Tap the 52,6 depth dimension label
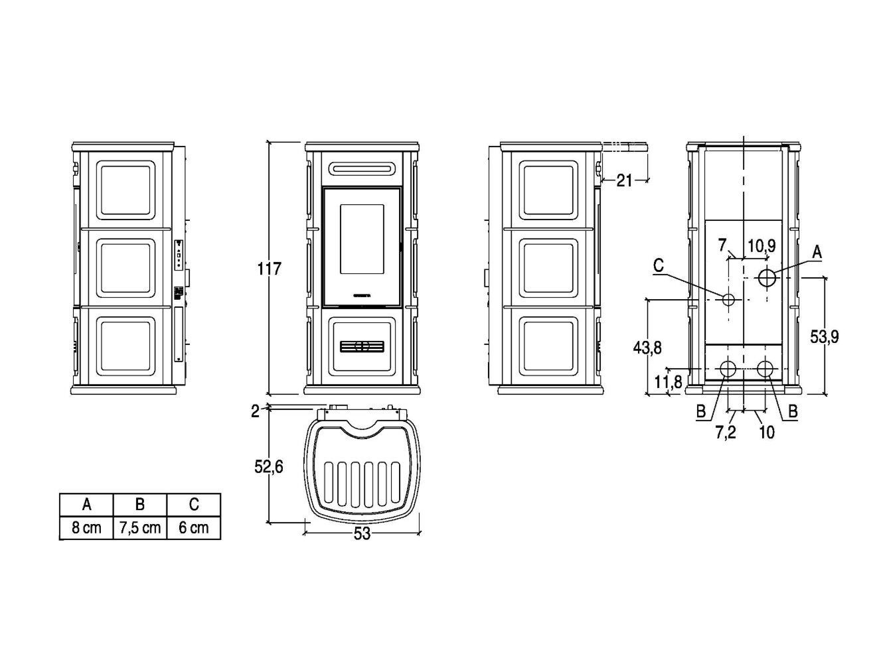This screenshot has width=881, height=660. (269, 467)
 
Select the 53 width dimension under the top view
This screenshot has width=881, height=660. (362, 534)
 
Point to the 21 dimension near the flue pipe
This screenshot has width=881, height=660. (624, 180)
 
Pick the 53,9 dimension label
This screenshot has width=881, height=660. (825, 336)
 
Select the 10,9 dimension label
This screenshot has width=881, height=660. (761, 245)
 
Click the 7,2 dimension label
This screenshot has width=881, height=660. (726, 432)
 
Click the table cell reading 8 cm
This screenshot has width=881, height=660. (87, 528)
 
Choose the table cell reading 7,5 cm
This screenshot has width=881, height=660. (140, 528)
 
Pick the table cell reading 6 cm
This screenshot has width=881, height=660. (193, 528)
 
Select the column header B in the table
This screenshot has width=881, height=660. (140, 505)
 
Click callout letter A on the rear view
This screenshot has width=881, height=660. (817, 252)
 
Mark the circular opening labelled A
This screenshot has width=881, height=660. (767, 277)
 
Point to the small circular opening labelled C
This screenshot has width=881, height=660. (728, 300)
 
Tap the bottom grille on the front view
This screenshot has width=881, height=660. (362, 346)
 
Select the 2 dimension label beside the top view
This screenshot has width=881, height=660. (255, 411)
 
